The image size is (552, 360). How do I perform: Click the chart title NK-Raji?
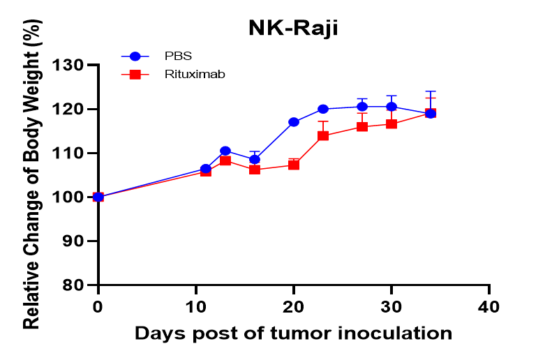point(294,28)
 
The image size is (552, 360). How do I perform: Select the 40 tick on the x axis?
point(489,306)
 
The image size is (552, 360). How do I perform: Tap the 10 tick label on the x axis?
point(196,306)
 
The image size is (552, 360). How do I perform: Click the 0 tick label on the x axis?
point(98,306)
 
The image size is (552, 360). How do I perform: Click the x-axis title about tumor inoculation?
point(293,333)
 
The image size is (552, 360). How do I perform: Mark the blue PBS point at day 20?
point(294,122)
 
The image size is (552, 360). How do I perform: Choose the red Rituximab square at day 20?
point(294,165)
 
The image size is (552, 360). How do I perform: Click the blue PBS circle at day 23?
point(323,109)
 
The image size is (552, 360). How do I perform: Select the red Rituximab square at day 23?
point(323,135)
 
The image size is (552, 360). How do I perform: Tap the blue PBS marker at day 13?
point(225,151)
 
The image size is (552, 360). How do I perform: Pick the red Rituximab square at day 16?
point(255,170)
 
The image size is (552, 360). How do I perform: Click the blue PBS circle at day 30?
point(391,107)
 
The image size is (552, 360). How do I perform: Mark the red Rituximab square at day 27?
point(362,126)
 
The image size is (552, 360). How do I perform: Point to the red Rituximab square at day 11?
point(206,171)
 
